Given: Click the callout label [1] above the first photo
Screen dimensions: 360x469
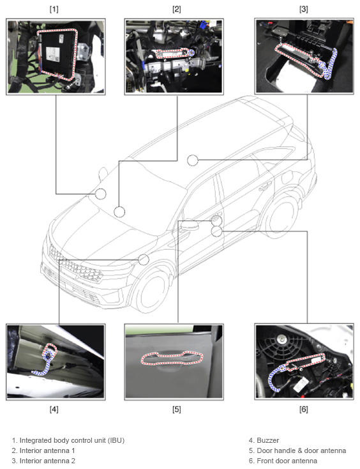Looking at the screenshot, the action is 54,10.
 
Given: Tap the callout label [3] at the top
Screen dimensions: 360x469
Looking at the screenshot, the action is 304,10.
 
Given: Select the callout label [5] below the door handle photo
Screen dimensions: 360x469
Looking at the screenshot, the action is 177,409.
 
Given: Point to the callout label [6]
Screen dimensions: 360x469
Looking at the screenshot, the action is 304,409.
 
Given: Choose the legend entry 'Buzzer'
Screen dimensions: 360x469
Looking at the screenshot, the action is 268,440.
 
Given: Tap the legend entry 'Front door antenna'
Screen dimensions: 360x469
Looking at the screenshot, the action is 287,461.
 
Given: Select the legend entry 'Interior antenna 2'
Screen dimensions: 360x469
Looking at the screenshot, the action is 47,461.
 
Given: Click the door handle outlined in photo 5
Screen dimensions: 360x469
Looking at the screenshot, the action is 172,358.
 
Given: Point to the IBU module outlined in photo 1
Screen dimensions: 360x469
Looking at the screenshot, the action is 57,54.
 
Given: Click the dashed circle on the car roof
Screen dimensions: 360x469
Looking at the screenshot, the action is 193,160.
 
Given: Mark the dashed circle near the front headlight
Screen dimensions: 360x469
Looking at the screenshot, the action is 144,259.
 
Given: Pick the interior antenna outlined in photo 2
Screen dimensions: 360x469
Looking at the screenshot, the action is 173,54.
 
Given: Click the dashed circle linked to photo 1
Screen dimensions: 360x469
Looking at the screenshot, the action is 101,194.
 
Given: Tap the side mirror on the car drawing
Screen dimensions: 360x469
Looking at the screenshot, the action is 189,226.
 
